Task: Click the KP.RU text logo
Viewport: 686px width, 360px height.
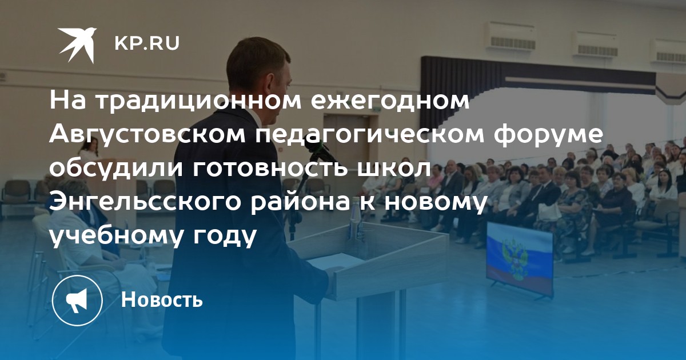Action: tap(147, 43)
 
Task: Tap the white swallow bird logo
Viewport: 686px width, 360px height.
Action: tap(77, 45)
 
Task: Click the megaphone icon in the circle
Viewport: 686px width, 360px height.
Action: tap(77, 301)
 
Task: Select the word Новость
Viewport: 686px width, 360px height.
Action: tap(162, 299)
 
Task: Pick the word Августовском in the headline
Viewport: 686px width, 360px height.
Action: tap(147, 135)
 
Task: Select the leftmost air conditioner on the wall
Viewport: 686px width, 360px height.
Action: tap(509, 36)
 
